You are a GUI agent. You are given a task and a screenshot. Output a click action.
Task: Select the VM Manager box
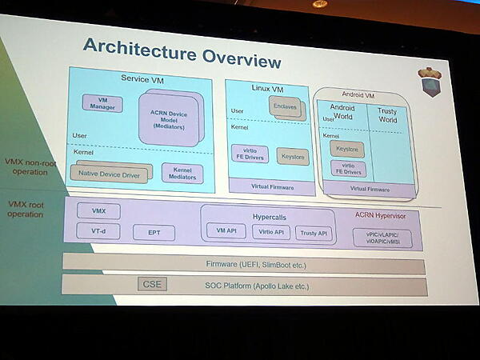pyautogui.click(x=102, y=103)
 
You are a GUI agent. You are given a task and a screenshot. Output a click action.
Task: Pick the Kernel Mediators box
pyautogui.click(x=182, y=173)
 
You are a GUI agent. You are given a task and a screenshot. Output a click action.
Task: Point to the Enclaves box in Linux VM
pyautogui.click(x=285, y=107)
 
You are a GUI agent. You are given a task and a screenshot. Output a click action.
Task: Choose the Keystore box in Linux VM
pyautogui.click(x=292, y=156)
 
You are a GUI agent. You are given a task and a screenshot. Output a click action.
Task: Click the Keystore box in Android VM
pyautogui.click(x=347, y=150)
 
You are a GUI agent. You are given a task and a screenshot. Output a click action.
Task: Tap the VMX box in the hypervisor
pyautogui.click(x=99, y=211)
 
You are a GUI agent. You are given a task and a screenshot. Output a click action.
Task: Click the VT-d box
pyautogui.click(x=99, y=230)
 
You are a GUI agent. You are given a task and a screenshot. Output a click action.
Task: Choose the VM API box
pyautogui.click(x=226, y=231)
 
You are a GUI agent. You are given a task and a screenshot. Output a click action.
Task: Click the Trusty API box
pyautogui.click(x=312, y=233)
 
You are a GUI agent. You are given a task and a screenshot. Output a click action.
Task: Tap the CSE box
pyautogui.click(x=151, y=284)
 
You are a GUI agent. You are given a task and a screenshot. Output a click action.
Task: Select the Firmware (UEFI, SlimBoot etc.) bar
pyautogui.click(x=244, y=265)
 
